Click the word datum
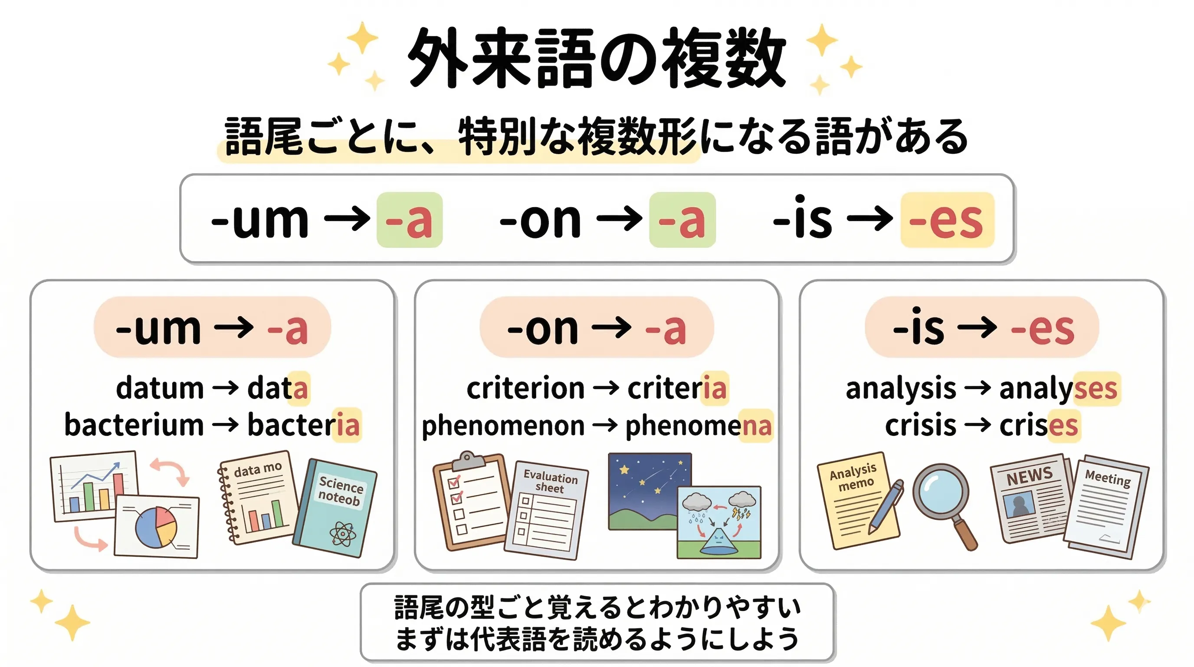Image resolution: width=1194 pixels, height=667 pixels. point(160,389)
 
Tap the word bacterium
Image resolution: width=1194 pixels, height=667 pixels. point(134,425)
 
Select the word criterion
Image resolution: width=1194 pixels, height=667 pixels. point(525,389)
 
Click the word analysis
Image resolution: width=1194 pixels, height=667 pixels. point(901,389)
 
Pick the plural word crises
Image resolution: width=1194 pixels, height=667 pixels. point(1038,425)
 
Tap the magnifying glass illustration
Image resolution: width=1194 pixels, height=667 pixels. point(943,499)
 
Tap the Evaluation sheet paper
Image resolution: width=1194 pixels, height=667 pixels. point(547,510)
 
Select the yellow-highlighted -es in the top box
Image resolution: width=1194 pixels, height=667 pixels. point(947,220)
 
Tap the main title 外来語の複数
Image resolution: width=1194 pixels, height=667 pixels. point(596,58)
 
